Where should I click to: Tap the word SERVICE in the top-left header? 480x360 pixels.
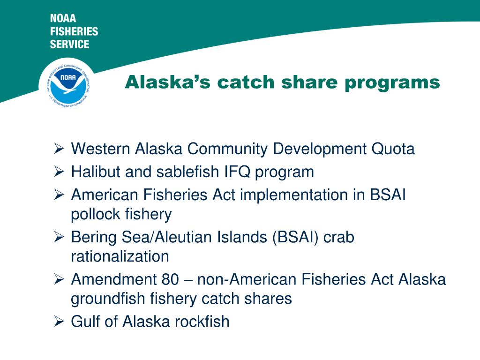69,45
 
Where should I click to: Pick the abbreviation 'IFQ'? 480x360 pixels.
237,172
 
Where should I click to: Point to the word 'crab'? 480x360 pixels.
339,237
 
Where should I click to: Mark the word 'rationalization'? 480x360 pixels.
120,256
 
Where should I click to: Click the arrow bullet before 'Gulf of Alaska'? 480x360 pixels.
59,322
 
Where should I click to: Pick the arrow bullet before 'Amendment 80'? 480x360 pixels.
59,279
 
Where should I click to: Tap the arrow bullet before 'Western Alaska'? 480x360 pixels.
59,150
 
